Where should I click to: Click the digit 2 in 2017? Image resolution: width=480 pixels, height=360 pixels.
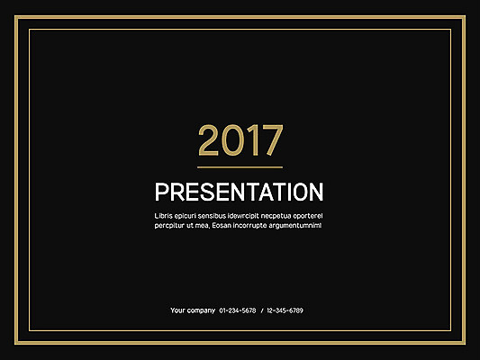click(x=208, y=141)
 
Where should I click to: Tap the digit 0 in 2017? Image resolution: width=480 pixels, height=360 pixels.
click(x=231, y=141)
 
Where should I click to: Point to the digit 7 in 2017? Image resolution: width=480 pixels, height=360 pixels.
click(x=271, y=141)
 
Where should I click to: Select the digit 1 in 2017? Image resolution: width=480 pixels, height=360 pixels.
click(x=251, y=141)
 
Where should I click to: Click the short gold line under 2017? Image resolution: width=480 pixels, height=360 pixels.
click(x=240, y=167)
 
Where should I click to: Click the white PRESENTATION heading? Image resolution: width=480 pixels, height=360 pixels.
click(x=240, y=193)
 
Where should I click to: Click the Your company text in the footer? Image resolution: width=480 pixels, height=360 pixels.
click(x=190, y=310)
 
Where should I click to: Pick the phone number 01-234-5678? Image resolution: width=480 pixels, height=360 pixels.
click(x=238, y=310)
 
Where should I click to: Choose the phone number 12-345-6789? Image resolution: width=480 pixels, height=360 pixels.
click(x=285, y=310)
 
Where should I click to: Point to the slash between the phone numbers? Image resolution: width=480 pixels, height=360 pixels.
click(x=262, y=310)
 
